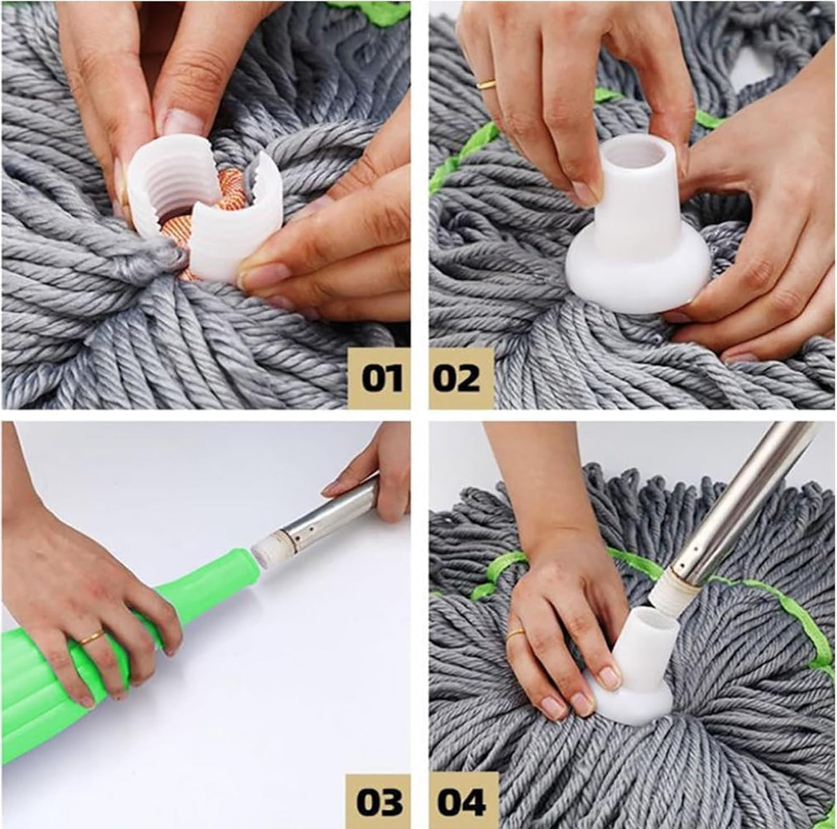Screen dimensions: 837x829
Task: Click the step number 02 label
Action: click(x=461, y=378)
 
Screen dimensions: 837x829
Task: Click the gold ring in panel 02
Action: click(x=486, y=84)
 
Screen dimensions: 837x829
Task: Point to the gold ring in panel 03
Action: click(x=93, y=637)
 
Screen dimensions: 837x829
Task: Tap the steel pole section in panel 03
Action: click(x=330, y=518)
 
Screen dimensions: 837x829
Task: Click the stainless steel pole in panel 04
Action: click(x=738, y=504)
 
